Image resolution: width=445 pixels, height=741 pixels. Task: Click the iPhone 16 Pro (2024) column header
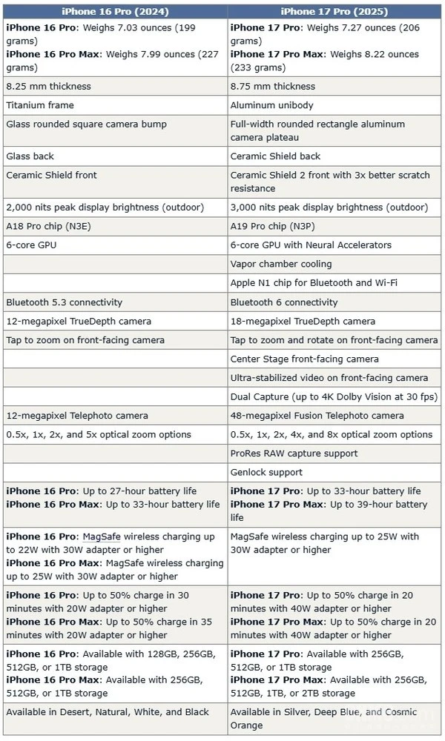point(114,11)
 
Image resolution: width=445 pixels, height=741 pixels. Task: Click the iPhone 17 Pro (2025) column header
point(335,11)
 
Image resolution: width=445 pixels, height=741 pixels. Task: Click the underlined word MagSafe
point(102,536)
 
